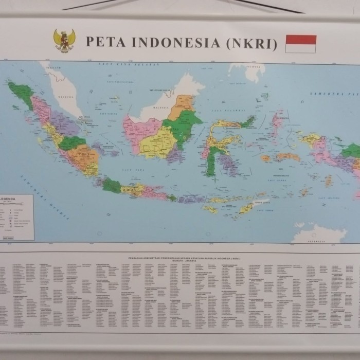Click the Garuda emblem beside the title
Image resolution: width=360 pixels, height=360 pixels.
coord(64,40)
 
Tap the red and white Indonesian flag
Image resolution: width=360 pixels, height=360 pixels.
coord(301,44)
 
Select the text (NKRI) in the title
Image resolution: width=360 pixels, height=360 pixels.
coord(251,43)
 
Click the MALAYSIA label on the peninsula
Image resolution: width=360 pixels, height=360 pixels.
coord(66,96)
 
